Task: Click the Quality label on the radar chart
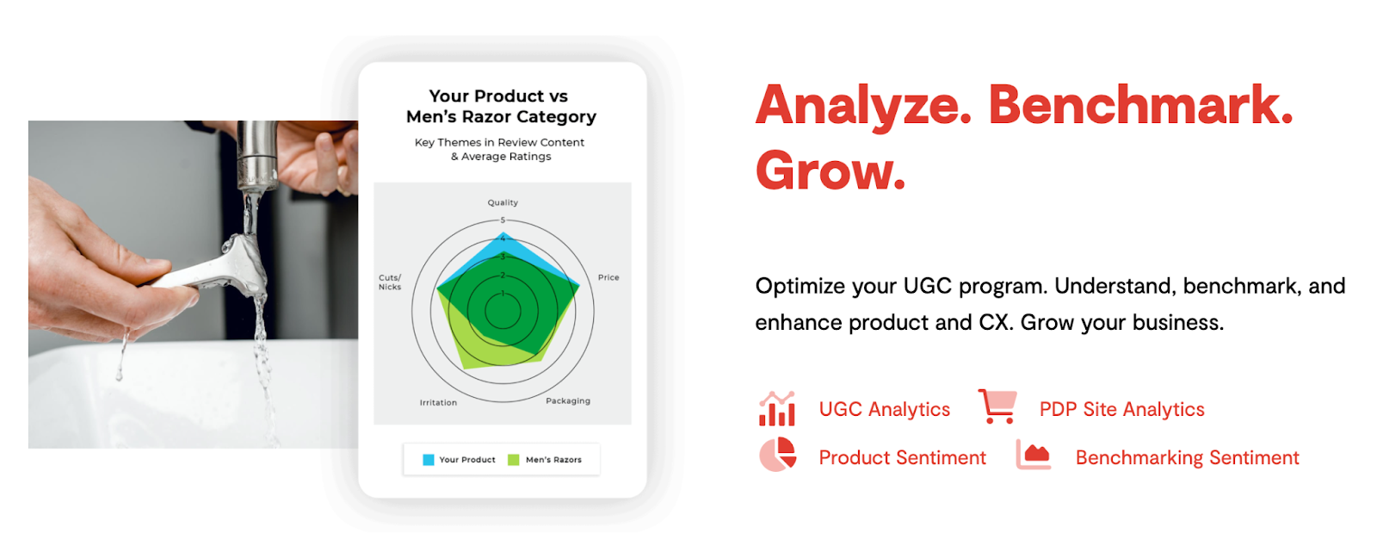click(503, 202)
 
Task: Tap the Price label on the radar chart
click(608, 277)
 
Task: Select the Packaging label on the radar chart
click(568, 401)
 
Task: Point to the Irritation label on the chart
click(438, 402)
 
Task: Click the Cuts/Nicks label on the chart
click(390, 282)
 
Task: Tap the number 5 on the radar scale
click(503, 220)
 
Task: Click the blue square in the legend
click(429, 460)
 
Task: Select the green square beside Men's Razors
click(513, 460)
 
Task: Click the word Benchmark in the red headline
click(1141, 105)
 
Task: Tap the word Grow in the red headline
click(831, 170)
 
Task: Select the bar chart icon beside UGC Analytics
click(777, 408)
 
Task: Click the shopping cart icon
click(997, 406)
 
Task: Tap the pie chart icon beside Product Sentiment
click(778, 455)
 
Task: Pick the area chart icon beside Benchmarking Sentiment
click(1034, 455)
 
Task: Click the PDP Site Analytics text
click(1122, 409)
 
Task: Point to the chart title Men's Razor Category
click(501, 116)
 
